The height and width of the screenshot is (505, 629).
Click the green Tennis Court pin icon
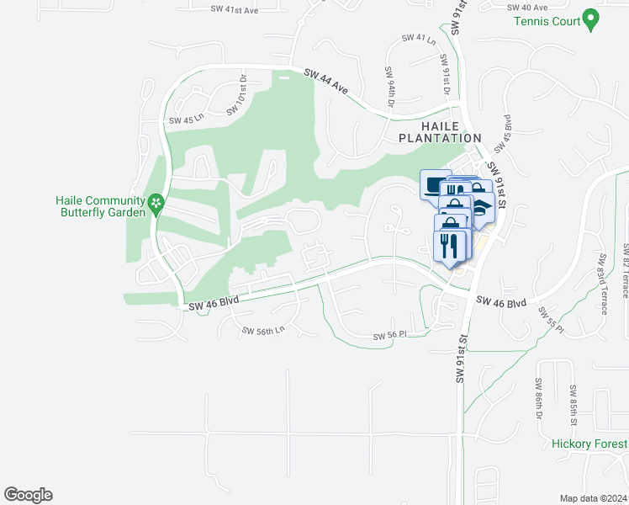590,19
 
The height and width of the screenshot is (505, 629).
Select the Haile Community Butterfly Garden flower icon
156,203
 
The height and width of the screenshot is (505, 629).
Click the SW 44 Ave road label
326,82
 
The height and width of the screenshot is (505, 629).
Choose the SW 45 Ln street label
186,120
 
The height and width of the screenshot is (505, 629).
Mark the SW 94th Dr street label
391,87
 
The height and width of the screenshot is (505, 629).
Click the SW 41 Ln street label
419,39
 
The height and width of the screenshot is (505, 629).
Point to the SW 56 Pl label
390,335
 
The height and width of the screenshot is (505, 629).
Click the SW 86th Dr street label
539,399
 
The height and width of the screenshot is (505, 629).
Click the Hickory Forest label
589,444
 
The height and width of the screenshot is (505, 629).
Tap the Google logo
28,495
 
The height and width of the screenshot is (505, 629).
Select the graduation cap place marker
481,206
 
